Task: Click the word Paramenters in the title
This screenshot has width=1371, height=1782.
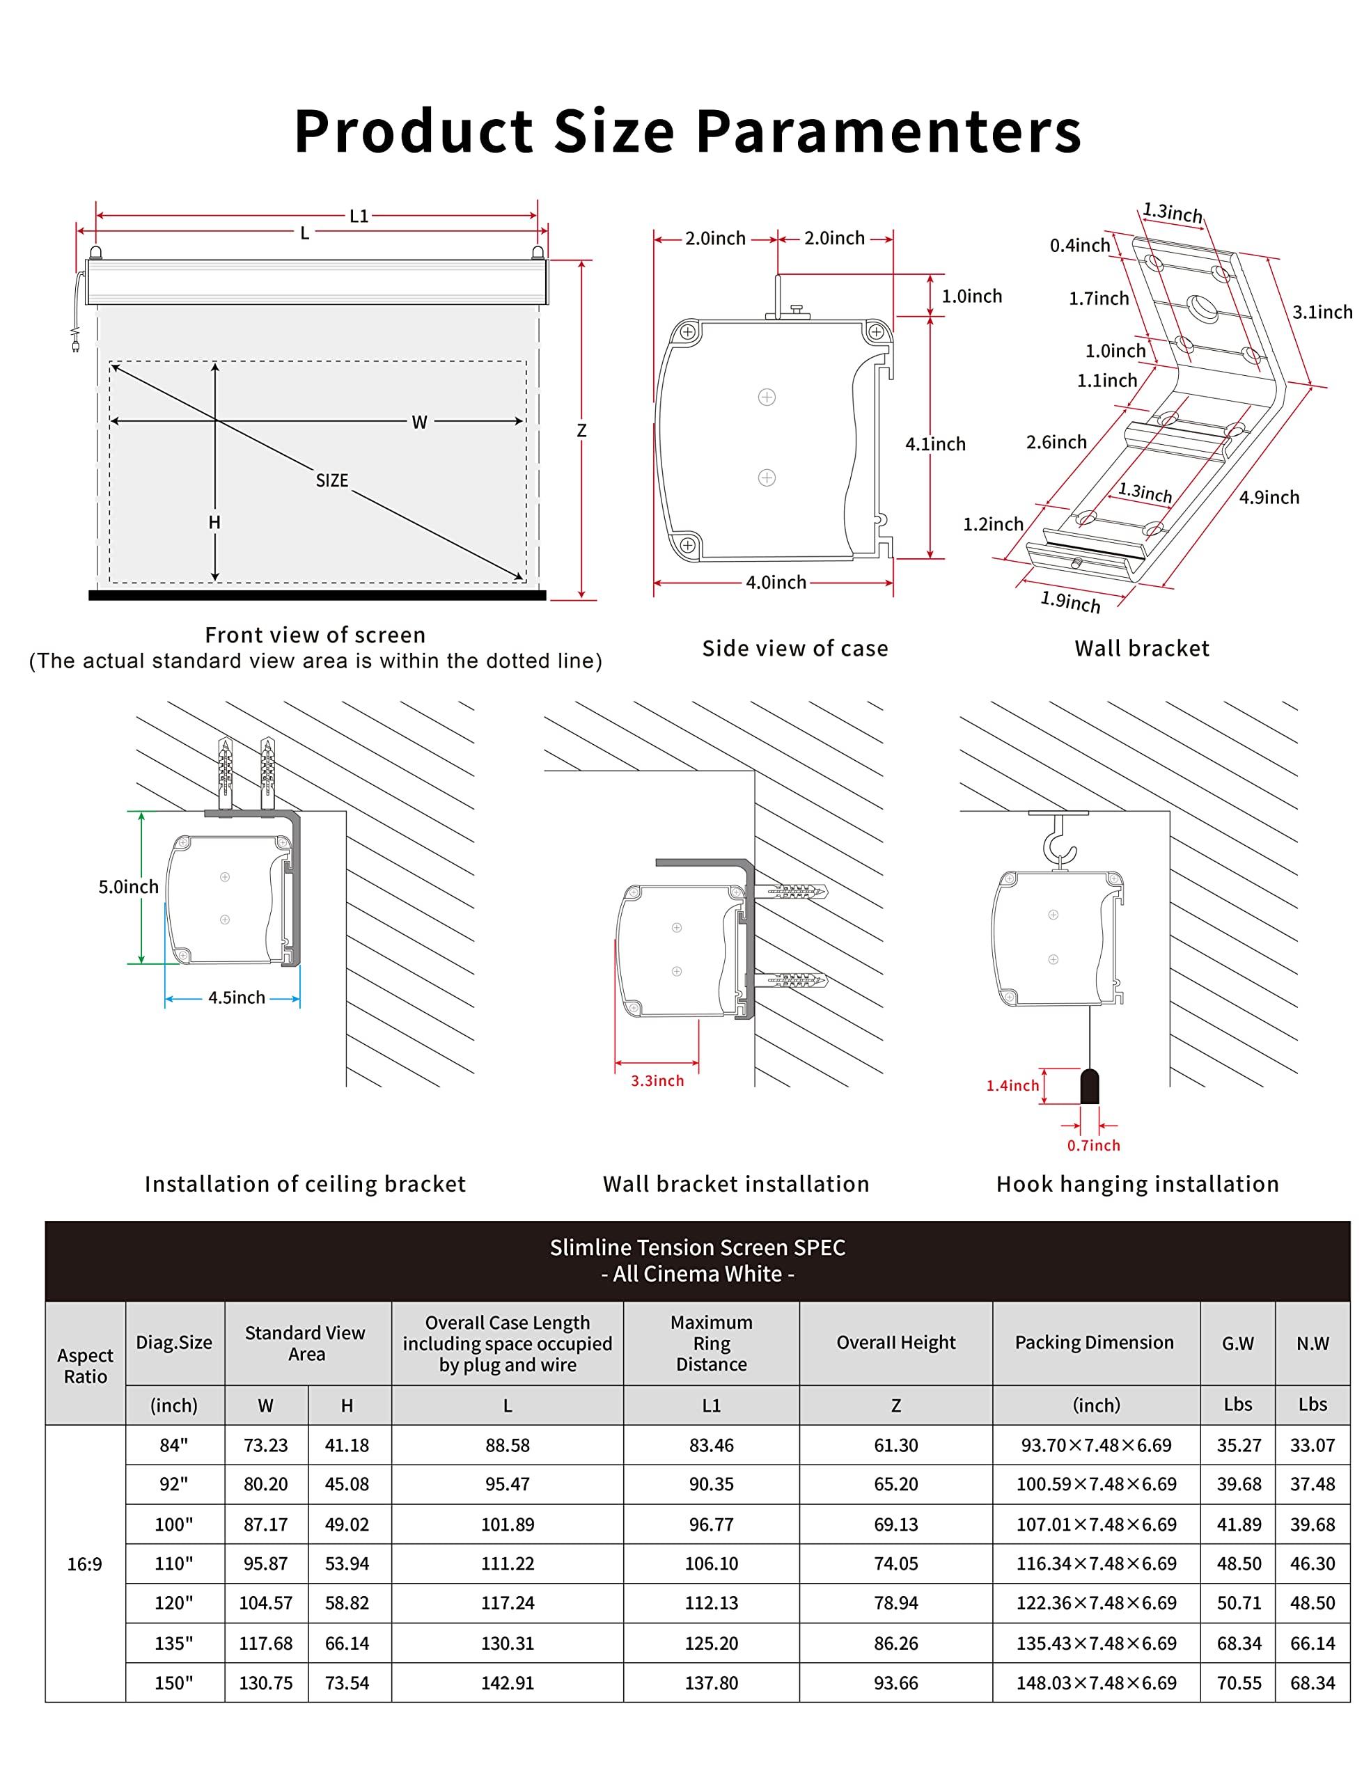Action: [x=888, y=132]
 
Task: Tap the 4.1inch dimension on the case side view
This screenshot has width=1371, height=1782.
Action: [x=935, y=444]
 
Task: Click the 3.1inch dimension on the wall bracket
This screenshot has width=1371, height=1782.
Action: [x=1322, y=312]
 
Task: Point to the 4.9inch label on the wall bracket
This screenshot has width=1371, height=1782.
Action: [x=1269, y=497]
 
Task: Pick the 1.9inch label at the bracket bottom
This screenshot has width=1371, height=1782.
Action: [x=1070, y=601]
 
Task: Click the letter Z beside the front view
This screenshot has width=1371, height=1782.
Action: [x=581, y=431]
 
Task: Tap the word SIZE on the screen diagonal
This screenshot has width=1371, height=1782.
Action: [x=332, y=480]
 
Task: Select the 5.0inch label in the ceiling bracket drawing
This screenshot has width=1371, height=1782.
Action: [x=128, y=887]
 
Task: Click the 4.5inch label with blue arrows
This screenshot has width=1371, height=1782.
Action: [x=236, y=997]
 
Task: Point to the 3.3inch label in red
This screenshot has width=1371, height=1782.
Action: [x=657, y=1080]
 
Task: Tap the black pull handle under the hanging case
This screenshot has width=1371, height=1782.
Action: [x=1090, y=1086]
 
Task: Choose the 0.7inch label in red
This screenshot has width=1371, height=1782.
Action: [x=1094, y=1146]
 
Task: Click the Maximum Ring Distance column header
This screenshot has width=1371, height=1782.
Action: [x=711, y=1343]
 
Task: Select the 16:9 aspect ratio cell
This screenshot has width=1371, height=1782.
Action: [x=85, y=1564]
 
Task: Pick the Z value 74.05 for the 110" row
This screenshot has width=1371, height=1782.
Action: [x=895, y=1563]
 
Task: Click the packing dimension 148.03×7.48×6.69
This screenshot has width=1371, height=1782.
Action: [x=1096, y=1682]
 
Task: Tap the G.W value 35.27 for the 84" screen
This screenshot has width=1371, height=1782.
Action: [x=1238, y=1445]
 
